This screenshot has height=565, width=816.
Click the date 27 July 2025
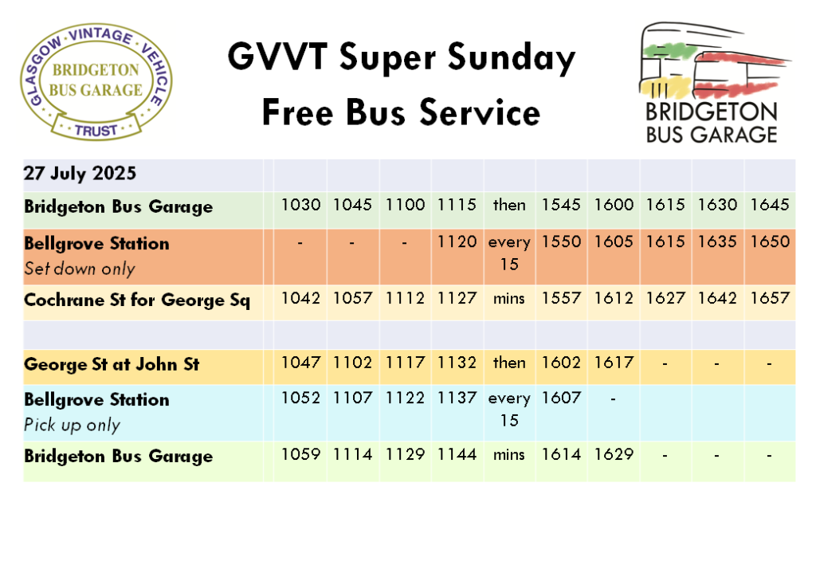point(80,173)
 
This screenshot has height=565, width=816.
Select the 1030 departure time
point(300,205)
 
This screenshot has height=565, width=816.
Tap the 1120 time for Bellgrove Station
point(457,241)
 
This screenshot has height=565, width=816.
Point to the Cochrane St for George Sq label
point(137,300)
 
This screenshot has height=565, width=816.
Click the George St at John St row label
point(112,364)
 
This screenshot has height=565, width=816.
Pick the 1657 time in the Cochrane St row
point(769,298)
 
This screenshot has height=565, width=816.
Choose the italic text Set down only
point(80,269)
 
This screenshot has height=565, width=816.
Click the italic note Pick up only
point(73,425)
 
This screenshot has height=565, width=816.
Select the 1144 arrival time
point(457,454)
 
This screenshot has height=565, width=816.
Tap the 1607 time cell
point(560,398)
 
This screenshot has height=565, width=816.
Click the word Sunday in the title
point(512,57)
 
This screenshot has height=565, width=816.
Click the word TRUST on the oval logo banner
point(96,130)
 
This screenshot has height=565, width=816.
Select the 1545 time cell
point(560,205)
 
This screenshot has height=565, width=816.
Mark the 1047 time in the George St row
point(300,362)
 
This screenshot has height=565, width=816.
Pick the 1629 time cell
point(614,454)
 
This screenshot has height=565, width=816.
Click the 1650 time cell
point(769,241)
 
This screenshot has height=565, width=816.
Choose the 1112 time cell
point(405,298)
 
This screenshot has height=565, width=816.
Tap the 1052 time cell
point(300,398)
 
